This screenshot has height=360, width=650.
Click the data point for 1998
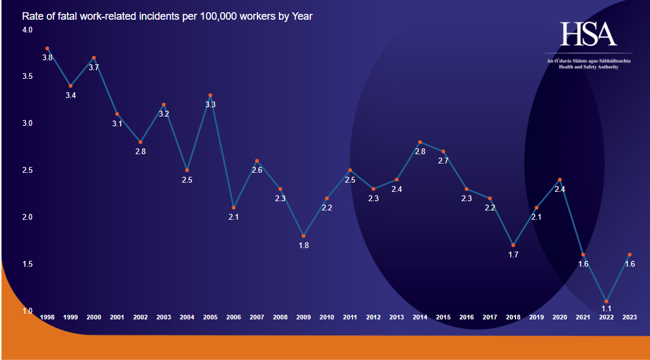pyautogui.click(x=47, y=48)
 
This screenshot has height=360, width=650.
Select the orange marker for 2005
pyautogui.click(x=210, y=95)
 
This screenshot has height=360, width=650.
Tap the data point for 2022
pyautogui.click(x=607, y=301)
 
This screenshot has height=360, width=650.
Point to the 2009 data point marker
pyautogui.click(x=303, y=236)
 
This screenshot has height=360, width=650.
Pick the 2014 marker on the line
pyautogui.click(x=420, y=142)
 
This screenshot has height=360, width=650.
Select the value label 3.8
pyautogui.click(x=48, y=57)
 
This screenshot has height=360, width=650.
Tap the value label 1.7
pyautogui.click(x=513, y=254)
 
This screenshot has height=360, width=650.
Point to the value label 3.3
pyautogui.click(x=210, y=105)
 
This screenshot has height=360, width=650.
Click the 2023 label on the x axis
pyautogui.click(x=630, y=317)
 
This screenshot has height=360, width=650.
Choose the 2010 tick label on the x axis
pyautogui.click(x=326, y=317)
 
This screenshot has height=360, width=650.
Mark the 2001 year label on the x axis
pyautogui.click(x=117, y=317)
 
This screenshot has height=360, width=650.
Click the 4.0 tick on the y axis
pyautogui.click(x=28, y=30)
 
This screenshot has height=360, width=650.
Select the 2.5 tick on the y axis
pyautogui.click(x=28, y=170)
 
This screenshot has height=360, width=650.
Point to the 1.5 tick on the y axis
pyautogui.click(x=28, y=264)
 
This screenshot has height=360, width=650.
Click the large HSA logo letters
pyautogui.click(x=588, y=35)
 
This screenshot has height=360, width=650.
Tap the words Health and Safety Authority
pyautogui.click(x=588, y=67)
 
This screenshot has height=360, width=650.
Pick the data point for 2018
pyautogui.click(x=513, y=245)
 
